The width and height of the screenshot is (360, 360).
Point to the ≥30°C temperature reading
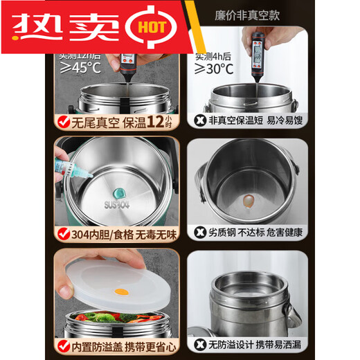pyautogui.click(x=213, y=69)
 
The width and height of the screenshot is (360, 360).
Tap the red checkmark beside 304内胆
pyautogui.click(x=63, y=233)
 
